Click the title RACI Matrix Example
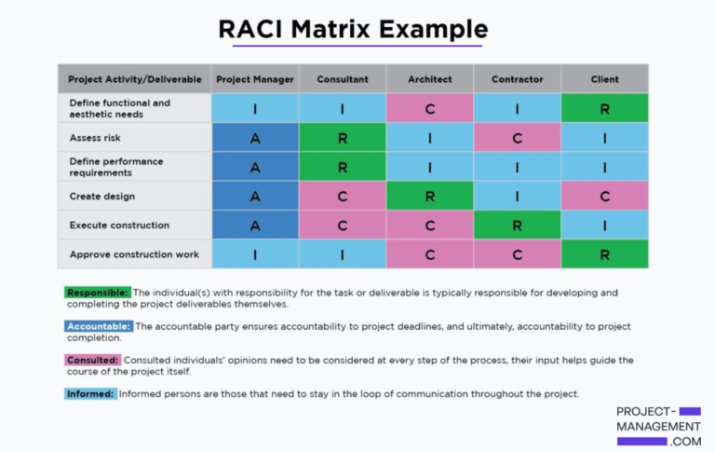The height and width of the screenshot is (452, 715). (353, 29)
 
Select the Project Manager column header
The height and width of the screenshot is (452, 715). (255, 79)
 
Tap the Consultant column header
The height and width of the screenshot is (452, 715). (342, 79)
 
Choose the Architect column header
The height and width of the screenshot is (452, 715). (429, 79)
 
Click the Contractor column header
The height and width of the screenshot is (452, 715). (517, 79)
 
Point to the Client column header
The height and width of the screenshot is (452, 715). (604, 79)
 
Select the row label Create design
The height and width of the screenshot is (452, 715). (101, 196)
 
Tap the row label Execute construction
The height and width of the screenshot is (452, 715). (119, 225)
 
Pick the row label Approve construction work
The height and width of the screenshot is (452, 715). (134, 254)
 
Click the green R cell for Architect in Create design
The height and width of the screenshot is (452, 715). (429, 196)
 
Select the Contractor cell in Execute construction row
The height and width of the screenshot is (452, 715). (517, 225)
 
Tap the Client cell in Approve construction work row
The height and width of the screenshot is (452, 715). (604, 254)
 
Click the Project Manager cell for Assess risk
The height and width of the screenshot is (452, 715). (255, 138)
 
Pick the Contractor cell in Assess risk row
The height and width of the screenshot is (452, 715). (517, 138)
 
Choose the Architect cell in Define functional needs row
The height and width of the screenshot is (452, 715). (429, 108)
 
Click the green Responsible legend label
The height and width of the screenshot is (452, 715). (98, 293)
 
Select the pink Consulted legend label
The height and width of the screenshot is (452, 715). (92, 360)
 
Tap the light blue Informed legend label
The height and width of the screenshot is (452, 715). (90, 393)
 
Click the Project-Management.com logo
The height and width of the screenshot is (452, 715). (657, 426)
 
